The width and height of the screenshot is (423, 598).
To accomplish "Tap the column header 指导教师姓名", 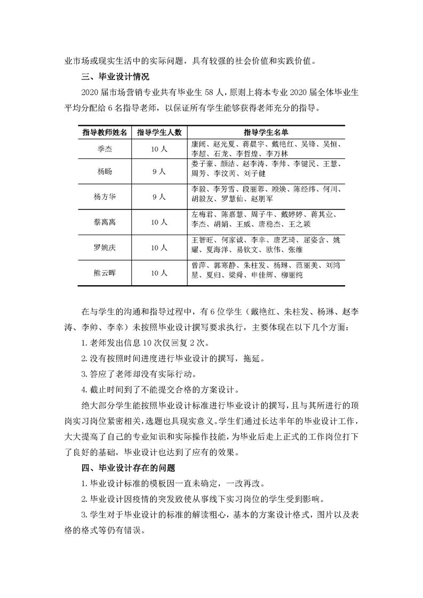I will [x=105, y=132].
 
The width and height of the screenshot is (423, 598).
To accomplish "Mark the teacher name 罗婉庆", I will [x=105, y=247].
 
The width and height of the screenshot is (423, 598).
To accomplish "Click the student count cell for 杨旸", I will [x=159, y=172].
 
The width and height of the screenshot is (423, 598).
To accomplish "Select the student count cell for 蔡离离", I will [x=159, y=222].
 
